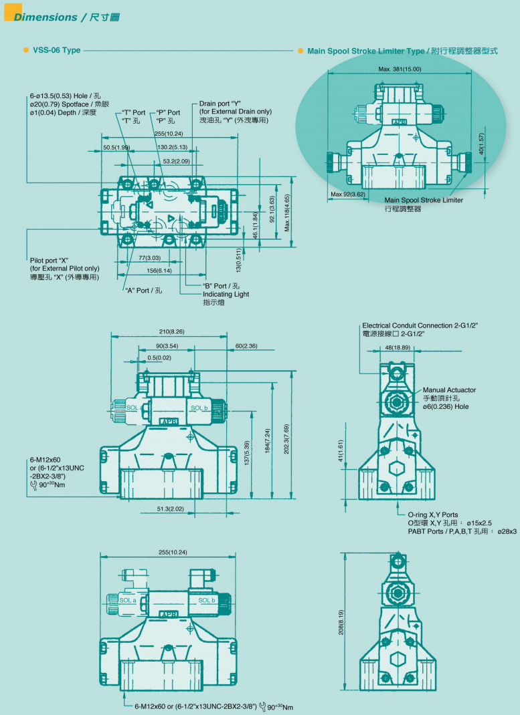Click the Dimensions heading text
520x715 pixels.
point(46,17)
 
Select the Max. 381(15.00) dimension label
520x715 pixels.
point(400,69)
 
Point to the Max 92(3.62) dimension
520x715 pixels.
point(348,194)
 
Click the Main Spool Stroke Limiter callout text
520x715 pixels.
point(424,200)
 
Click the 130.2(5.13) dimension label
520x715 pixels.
point(172,147)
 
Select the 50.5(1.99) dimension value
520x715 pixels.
point(116,147)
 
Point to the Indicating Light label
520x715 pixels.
point(226,294)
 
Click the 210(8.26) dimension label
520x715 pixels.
point(172,331)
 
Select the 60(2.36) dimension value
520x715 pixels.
point(246,346)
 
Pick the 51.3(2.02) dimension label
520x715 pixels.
point(171,509)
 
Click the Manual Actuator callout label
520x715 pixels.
point(449,390)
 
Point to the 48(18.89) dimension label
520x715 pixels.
point(398,348)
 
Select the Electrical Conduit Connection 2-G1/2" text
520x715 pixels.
point(420,325)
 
